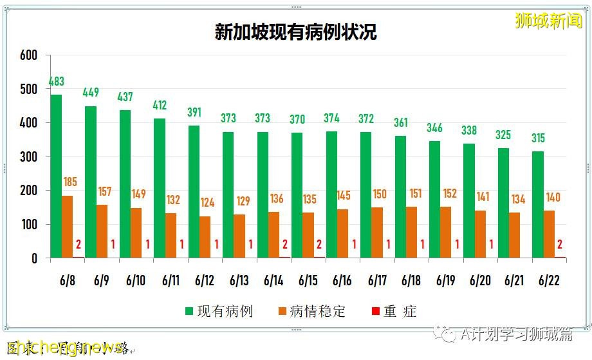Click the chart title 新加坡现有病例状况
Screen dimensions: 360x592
click(x=295, y=33)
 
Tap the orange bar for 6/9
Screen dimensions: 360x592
click(x=102, y=231)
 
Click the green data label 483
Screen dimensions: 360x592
click(x=57, y=82)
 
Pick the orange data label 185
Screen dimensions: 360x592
click(x=70, y=182)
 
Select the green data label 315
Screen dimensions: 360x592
click(x=538, y=138)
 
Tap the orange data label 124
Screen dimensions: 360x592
click(x=208, y=203)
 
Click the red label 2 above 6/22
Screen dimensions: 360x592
click(x=560, y=244)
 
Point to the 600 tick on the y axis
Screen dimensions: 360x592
click(x=28, y=55)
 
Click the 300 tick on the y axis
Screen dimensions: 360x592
click(x=28, y=156)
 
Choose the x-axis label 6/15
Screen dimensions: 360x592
click(x=308, y=281)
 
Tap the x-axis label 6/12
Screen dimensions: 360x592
click(x=205, y=281)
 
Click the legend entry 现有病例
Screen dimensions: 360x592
click(x=219, y=312)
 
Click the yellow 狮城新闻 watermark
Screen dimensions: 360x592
click(x=548, y=21)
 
